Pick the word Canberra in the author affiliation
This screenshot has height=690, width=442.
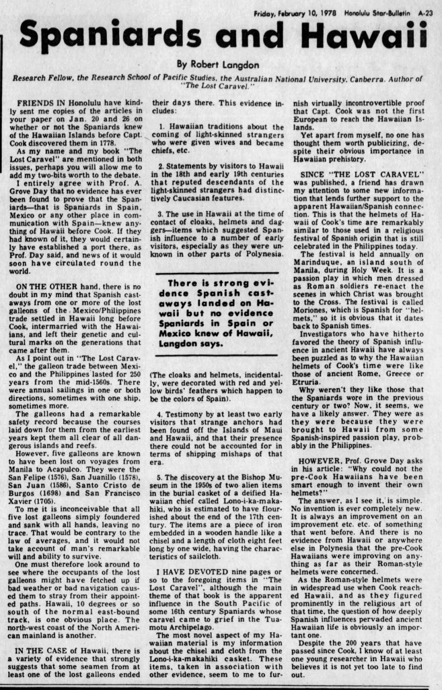[356, 78]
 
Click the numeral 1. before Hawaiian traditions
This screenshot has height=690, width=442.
[163, 126]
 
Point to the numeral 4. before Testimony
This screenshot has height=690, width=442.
[163, 413]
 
